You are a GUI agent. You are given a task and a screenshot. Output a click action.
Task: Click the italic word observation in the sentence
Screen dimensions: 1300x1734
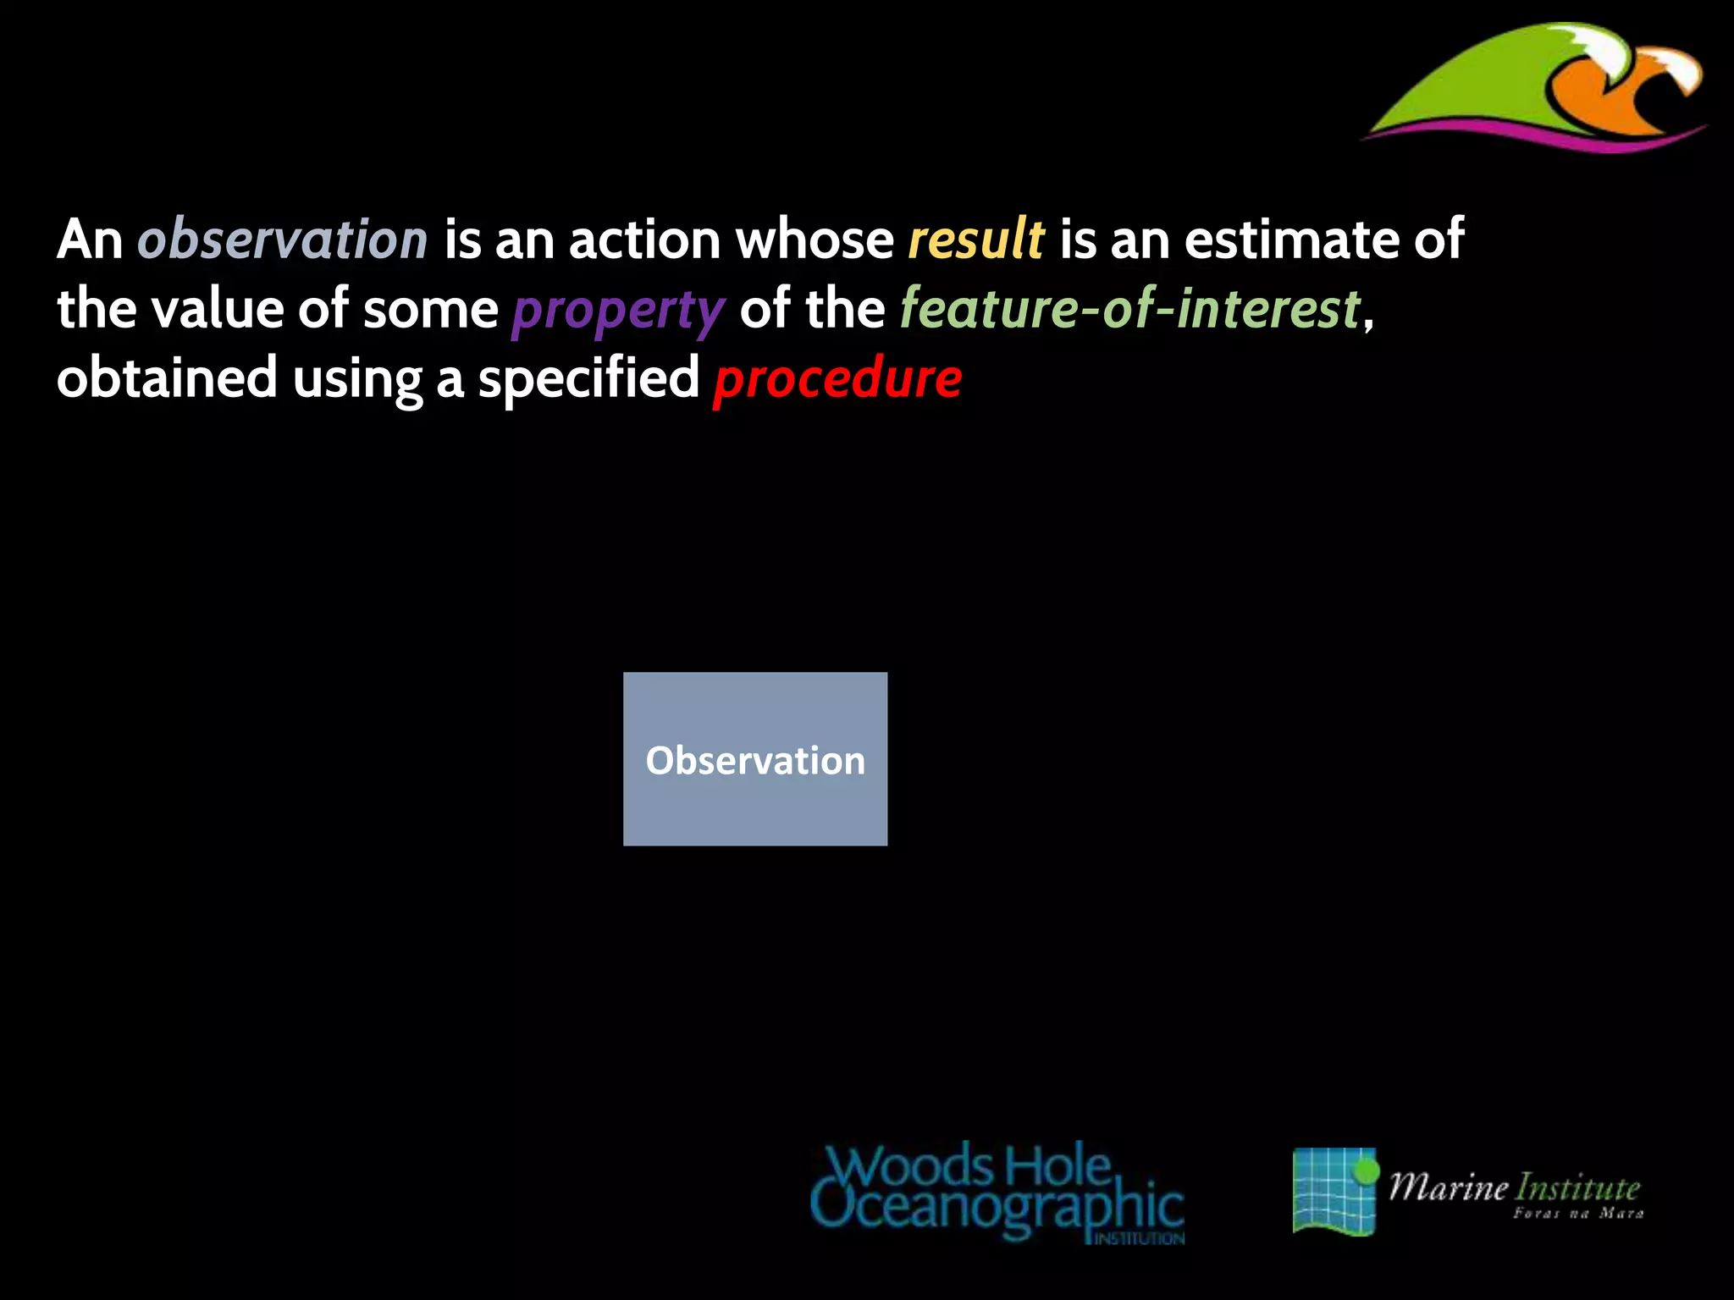pos(283,240)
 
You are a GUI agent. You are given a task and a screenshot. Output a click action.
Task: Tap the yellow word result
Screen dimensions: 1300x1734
pos(975,240)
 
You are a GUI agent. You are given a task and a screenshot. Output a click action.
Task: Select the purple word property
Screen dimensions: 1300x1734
pos(618,310)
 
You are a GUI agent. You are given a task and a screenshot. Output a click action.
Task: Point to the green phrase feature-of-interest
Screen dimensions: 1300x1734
pos(1129,308)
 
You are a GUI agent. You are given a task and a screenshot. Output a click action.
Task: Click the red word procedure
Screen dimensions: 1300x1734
pos(837,378)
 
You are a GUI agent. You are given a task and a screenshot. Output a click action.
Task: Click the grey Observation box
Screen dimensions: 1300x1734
pos(755,759)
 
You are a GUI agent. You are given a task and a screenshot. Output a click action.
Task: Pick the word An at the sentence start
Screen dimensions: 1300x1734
pos(90,240)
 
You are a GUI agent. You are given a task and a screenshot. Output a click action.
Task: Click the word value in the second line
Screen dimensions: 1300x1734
pos(217,308)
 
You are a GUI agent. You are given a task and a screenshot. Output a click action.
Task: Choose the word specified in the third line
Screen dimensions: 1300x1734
pos(588,378)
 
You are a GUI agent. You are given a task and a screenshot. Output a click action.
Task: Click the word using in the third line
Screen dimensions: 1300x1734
pos(356,380)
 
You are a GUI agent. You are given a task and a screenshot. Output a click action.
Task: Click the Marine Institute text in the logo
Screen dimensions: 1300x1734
pos(1514,1187)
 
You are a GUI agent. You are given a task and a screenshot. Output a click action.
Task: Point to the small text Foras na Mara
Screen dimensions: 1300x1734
pos(1578,1214)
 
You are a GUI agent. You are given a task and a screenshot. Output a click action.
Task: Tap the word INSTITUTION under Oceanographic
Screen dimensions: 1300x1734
pos(1140,1238)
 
